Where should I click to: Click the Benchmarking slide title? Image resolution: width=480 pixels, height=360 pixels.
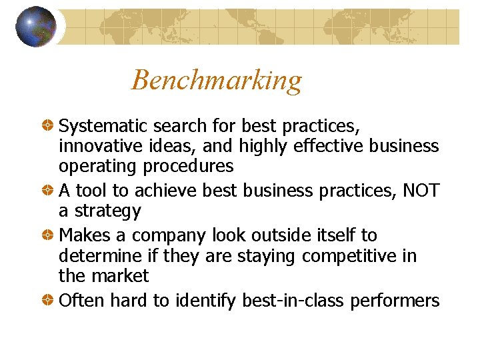click(217, 81)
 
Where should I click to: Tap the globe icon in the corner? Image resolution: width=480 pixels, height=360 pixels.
click(36, 26)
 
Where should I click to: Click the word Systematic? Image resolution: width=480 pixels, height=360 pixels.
click(103, 125)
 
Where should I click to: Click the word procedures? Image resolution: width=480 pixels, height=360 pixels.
click(194, 165)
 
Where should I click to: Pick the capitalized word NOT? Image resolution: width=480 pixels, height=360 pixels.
click(421, 191)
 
